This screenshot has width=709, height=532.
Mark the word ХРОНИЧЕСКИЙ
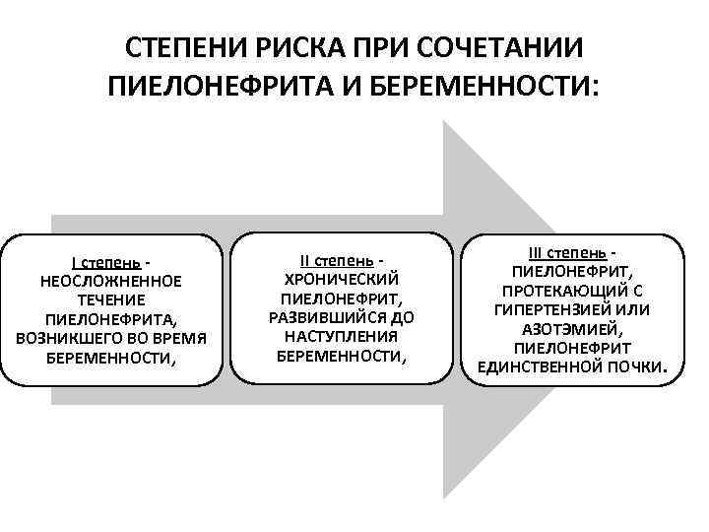pos(340,280)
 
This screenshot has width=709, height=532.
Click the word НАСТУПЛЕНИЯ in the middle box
pos(340,336)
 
